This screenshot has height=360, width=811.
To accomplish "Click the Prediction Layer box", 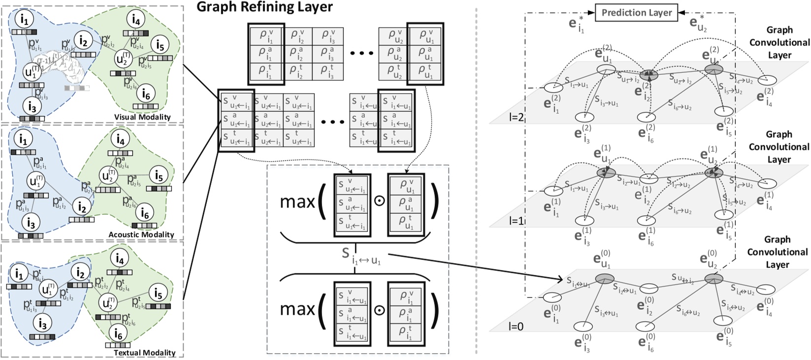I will click(636, 13).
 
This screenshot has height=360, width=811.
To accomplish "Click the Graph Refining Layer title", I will click(264, 7).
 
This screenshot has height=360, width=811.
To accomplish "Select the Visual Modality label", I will click(142, 117).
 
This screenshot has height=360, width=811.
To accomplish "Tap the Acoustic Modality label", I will click(142, 234).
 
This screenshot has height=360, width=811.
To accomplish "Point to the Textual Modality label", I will click(144, 353).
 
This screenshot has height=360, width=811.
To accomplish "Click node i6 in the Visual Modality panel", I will click(146, 94).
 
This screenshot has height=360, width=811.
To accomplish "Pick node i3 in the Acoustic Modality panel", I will click(31, 223).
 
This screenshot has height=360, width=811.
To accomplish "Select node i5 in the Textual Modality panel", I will click(158, 294).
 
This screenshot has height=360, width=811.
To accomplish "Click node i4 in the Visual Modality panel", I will click(136, 19).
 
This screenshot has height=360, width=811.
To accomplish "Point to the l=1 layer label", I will click(517, 222).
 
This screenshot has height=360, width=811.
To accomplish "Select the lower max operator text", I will click(297, 309).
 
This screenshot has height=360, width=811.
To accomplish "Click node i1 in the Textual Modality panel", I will click(20, 273).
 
